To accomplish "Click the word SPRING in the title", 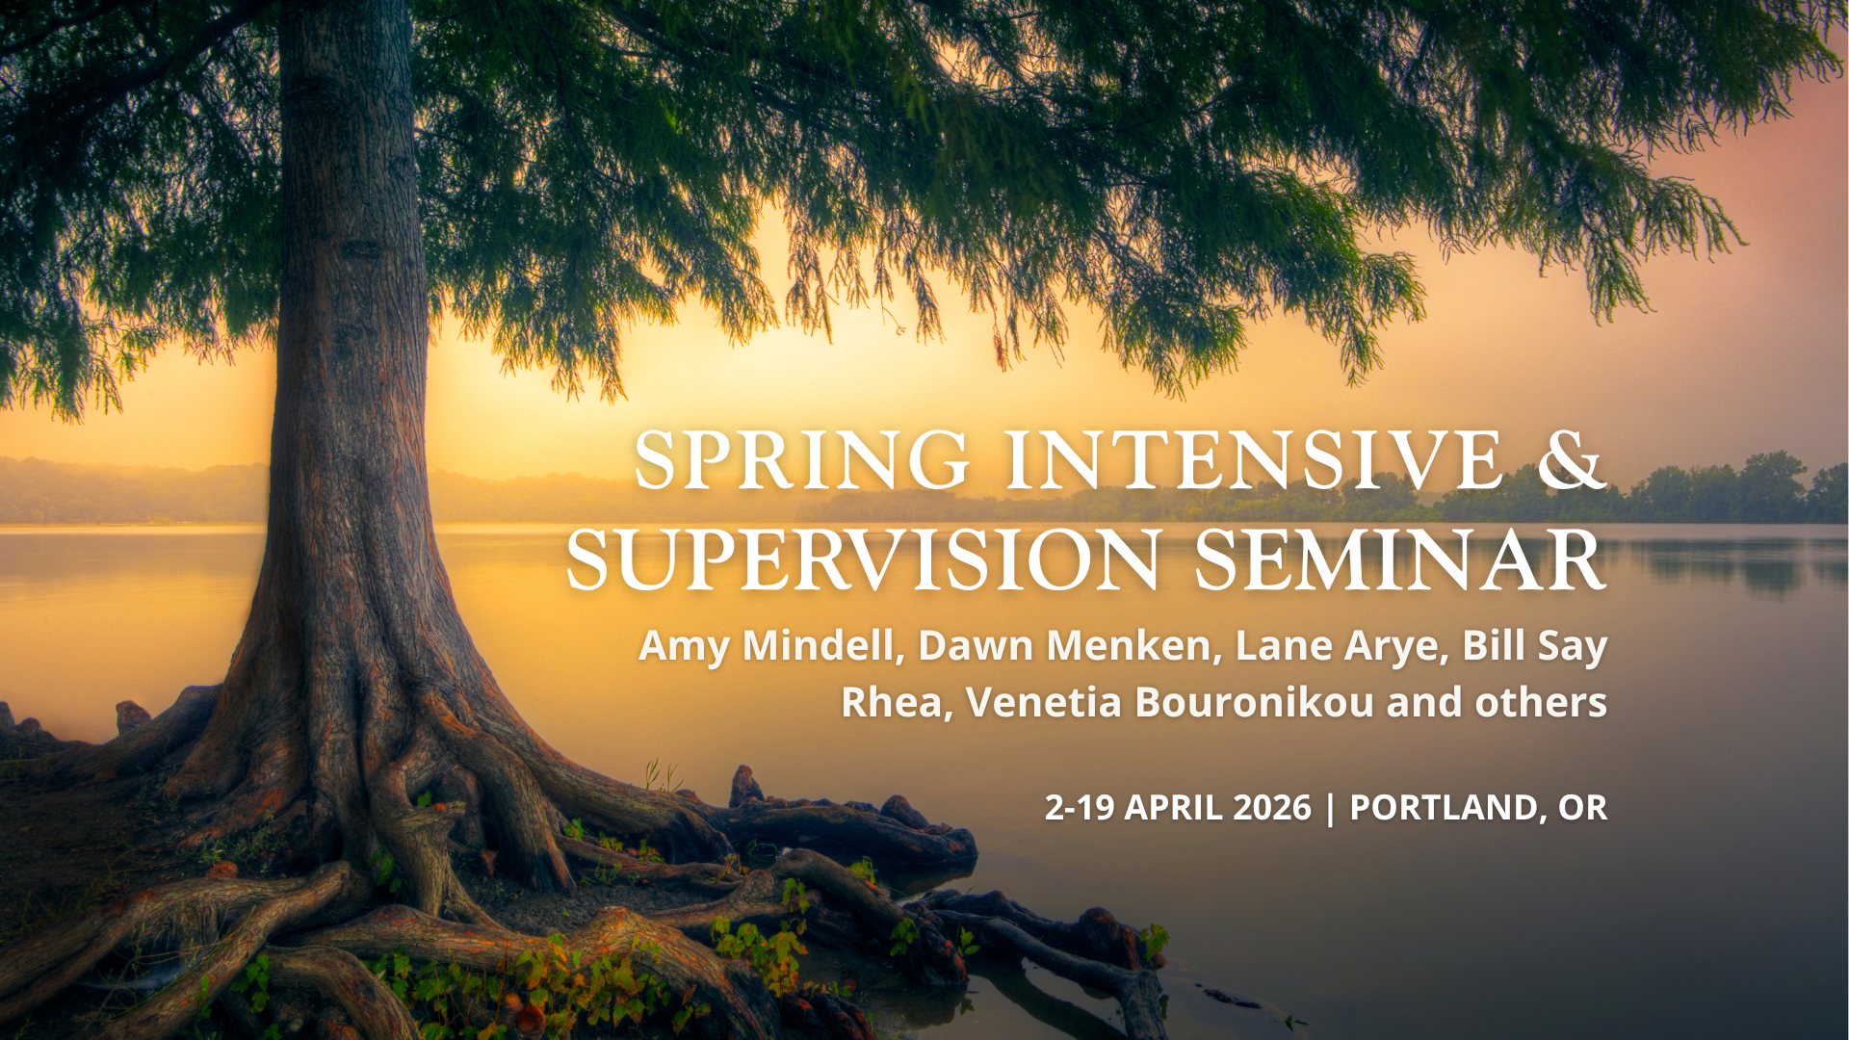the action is click(x=801, y=460).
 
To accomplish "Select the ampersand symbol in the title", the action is click(x=1571, y=460).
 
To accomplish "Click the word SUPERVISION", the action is click(x=863, y=560).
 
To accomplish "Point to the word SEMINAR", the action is click(x=1399, y=560).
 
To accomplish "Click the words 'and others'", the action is click(x=1497, y=703).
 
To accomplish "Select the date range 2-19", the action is click(x=1080, y=807).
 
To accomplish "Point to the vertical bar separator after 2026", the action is click(x=1331, y=808).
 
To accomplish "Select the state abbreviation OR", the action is click(x=1582, y=807).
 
